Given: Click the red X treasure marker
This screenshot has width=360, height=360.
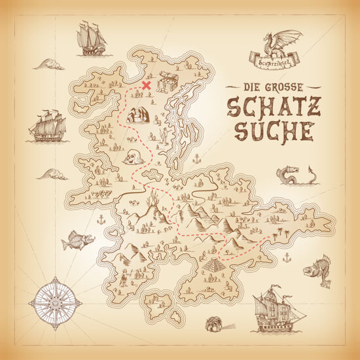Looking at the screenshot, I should pos(147,85).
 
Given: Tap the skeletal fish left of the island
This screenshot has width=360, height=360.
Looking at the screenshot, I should pos(77,242).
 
